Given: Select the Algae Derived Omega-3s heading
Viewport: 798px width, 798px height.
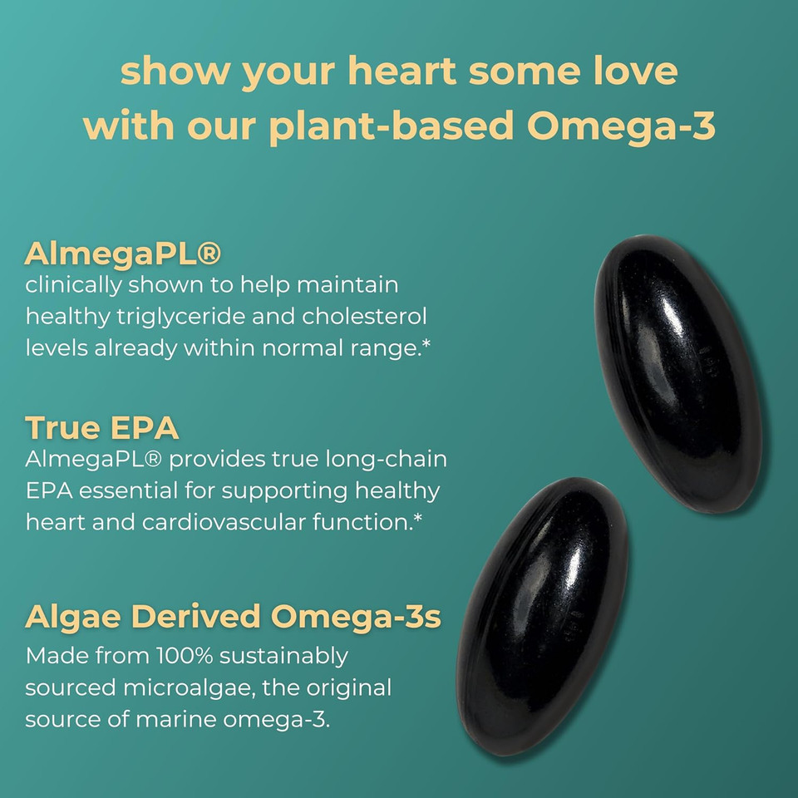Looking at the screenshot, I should [x=234, y=617].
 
